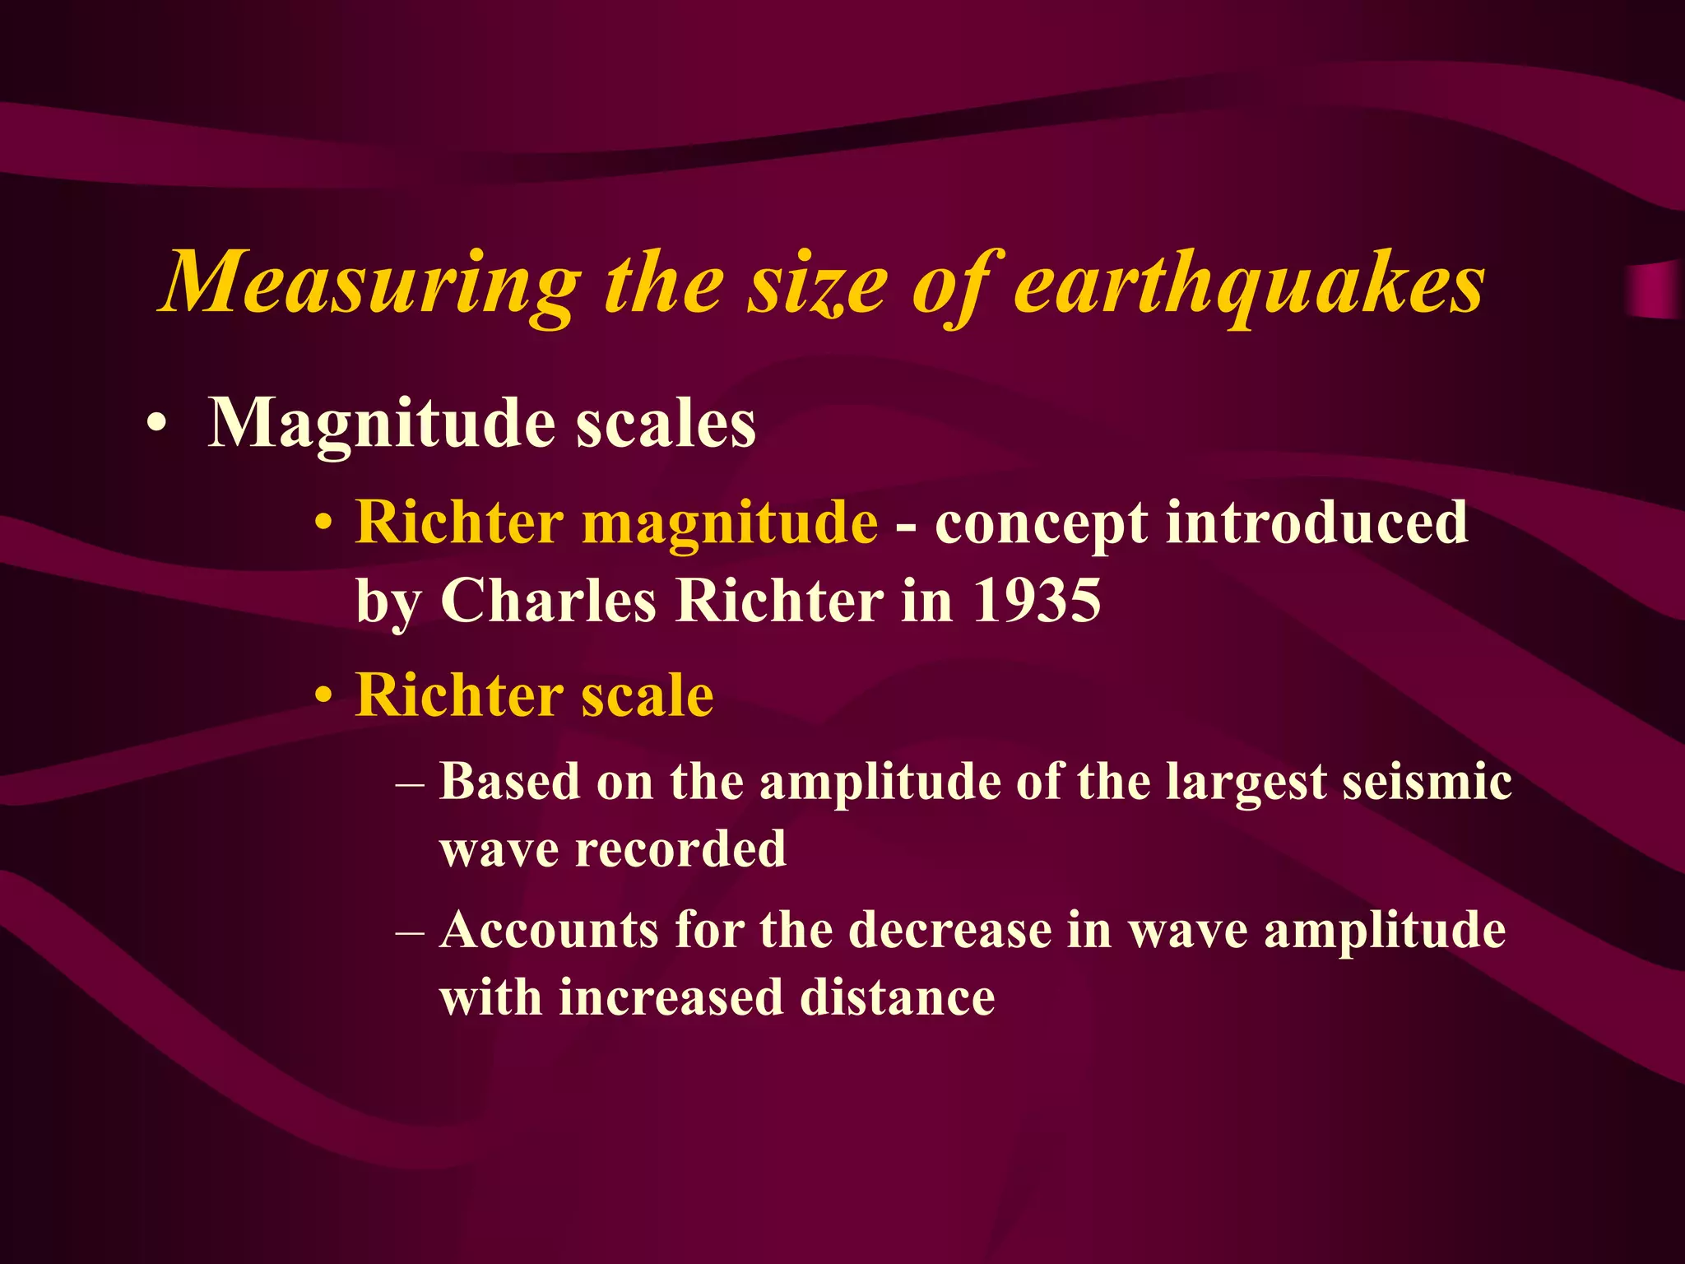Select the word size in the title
click(x=815, y=284)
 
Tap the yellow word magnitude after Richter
click(x=729, y=524)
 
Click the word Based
click(x=509, y=781)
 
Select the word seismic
click(x=1427, y=781)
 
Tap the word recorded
click(x=680, y=848)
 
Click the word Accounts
click(x=549, y=931)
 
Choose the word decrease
click(x=949, y=931)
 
